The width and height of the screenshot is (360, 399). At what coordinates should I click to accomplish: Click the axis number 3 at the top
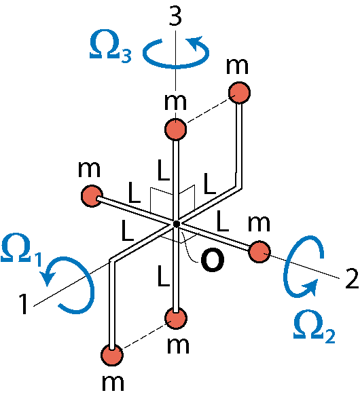coord(175,17)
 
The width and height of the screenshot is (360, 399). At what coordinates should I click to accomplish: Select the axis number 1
coord(23,304)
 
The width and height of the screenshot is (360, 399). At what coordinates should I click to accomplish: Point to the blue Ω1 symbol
coord(22,250)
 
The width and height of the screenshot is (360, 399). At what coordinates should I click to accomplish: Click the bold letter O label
coord(212,259)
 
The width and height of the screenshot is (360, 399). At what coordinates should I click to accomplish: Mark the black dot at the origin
coord(176,224)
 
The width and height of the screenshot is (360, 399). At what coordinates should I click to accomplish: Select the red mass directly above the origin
coord(176,129)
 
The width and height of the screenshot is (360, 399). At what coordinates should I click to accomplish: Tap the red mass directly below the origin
coord(176,318)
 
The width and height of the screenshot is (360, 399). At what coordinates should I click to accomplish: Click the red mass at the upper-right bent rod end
coord(239,92)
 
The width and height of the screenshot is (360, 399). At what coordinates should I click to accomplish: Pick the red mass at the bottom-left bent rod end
coord(112,354)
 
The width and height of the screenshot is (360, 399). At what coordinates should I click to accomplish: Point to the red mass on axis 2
coord(259,252)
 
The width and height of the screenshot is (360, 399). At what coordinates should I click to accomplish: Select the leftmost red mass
coord(92,196)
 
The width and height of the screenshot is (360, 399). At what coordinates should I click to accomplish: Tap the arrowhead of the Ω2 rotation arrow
coord(311,287)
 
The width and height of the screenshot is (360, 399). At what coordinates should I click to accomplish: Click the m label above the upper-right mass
coord(237,66)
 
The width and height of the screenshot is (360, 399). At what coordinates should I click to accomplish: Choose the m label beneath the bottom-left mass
coord(113,383)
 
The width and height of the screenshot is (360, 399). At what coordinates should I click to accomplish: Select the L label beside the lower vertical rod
coord(163,275)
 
